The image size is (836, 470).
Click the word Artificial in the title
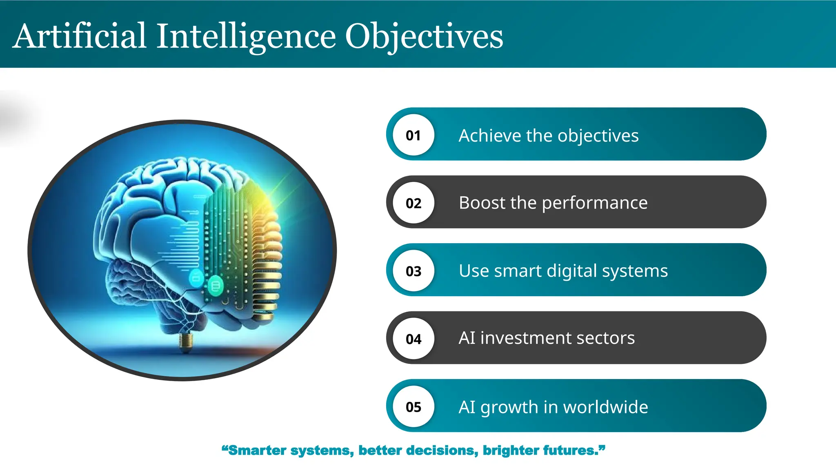[x=80, y=37]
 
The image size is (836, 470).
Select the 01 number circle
[x=414, y=135]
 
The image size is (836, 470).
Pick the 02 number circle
[x=414, y=203]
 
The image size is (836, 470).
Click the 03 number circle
[x=414, y=271]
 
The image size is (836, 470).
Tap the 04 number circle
[x=414, y=339]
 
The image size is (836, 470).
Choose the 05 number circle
[x=414, y=406]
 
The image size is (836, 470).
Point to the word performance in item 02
[x=594, y=203]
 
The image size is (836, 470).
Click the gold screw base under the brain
[x=186, y=342]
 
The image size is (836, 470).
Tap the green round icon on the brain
[x=215, y=285]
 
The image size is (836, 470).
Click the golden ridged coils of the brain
[x=267, y=261]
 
